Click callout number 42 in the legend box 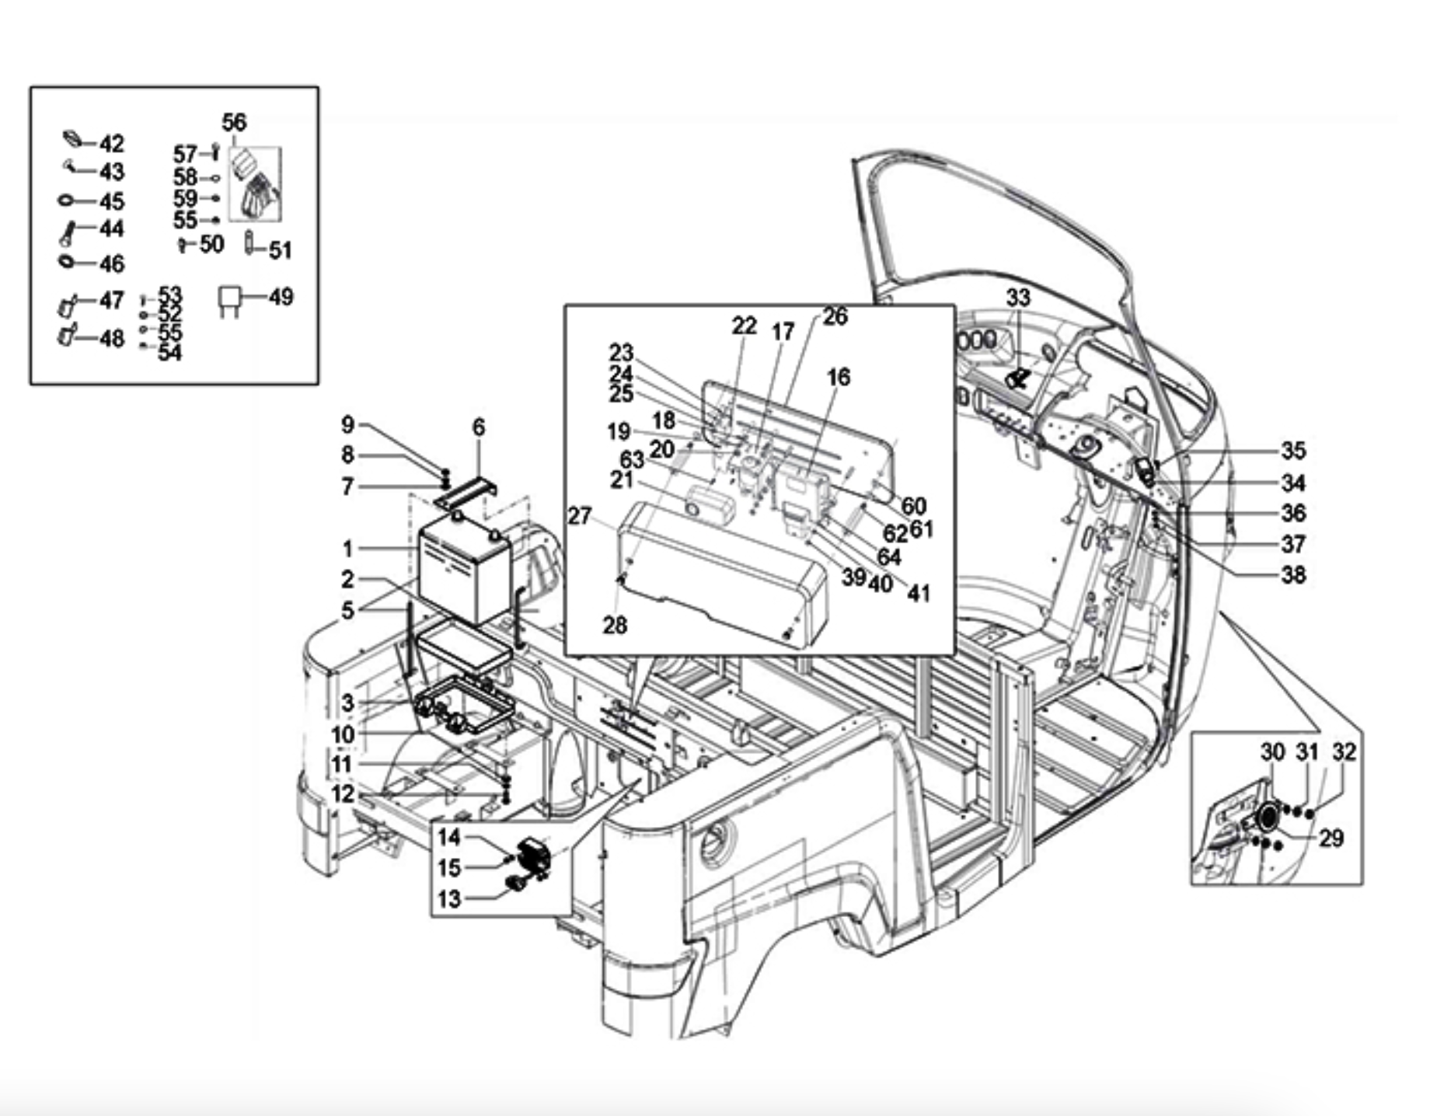point(111,144)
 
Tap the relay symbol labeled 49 point(229,301)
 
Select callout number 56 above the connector point(234,122)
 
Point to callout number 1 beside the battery point(347,549)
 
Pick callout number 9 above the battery point(347,424)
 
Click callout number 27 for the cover point(580,515)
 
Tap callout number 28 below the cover point(615,625)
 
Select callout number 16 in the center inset point(838,377)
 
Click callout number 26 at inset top point(835,317)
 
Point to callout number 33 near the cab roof point(1018,297)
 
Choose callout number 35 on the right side point(1293,450)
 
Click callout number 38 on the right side point(1293,574)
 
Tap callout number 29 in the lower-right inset point(1331,838)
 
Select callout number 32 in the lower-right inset point(1344,752)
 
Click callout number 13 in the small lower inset point(449,898)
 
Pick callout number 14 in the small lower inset point(449,837)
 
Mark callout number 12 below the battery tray point(343,793)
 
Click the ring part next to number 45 point(66,201)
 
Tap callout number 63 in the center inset point(632,459)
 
